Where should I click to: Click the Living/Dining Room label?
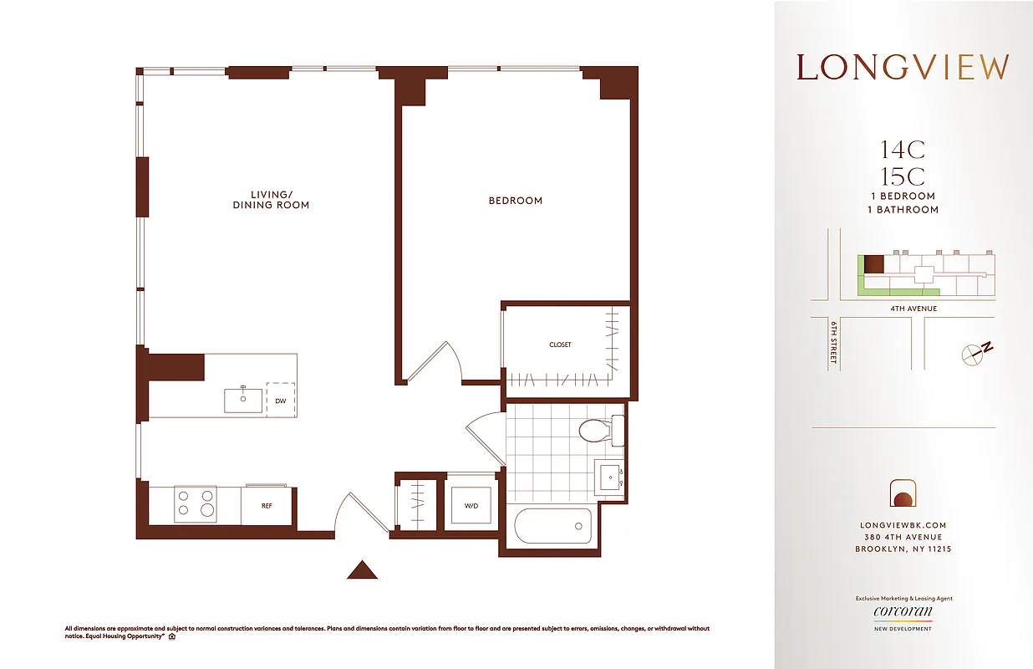271,200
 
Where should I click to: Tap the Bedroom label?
516,201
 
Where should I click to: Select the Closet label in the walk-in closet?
560,345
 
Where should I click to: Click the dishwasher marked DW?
281,401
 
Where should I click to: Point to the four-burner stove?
195,504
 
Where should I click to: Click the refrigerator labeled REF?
267,506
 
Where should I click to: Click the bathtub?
552,527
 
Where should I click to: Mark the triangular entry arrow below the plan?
363,569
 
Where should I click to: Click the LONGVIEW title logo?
903,68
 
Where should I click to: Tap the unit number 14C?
903,151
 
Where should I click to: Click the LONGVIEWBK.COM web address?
903,525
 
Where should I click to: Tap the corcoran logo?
903,612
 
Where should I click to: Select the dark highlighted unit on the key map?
873,264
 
